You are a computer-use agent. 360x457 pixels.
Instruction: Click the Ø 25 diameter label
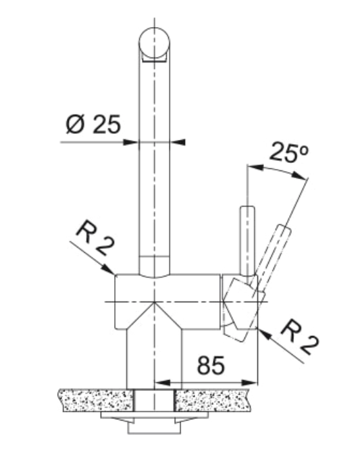tap(93, 124)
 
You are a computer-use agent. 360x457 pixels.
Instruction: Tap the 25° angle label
tap(288, 152)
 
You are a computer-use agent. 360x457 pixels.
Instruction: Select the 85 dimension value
tap(211, 365)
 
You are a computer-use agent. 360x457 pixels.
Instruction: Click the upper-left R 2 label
tap(95, 239)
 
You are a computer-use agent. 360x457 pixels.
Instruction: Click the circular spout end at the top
tap(155, 43)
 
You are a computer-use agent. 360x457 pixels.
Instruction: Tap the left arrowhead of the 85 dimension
tap(163, 383)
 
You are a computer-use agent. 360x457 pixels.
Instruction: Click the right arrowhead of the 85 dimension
tap(250, 383)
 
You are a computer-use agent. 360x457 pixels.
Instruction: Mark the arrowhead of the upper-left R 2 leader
tap(109, 270)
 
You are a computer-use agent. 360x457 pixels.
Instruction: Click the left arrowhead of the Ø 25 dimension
tap(131, 142)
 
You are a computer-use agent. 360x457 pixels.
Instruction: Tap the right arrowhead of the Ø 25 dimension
tap(178, 142)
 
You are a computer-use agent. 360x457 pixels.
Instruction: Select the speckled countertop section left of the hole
tap(97, 400)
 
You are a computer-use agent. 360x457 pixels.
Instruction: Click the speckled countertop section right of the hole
tap(213, 400)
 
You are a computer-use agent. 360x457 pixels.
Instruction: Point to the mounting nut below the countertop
tap(155, 423)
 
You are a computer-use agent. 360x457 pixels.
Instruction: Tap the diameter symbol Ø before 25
tap(75, 124)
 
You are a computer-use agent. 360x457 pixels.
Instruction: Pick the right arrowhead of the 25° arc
tap(300, 175)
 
